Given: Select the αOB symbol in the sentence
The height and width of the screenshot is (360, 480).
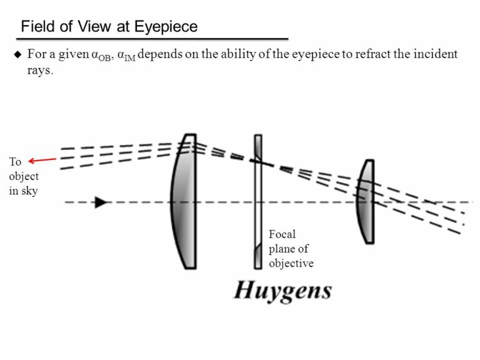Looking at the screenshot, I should [101, 55].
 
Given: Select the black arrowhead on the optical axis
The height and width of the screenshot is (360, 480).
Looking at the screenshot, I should [101, 202].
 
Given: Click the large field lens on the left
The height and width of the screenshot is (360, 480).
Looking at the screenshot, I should [184, 201].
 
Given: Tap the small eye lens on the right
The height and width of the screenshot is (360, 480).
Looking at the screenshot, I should [366, 201].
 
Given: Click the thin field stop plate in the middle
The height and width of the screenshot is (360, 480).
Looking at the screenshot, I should [258, 201].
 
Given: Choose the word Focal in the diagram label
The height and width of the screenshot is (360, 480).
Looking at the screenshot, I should [282, 234].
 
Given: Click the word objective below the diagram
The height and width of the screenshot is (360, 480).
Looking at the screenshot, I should [291, 263].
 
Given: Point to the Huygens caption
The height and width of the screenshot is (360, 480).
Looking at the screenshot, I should [282, 291].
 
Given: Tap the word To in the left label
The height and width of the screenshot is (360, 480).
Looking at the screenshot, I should [15, 162].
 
